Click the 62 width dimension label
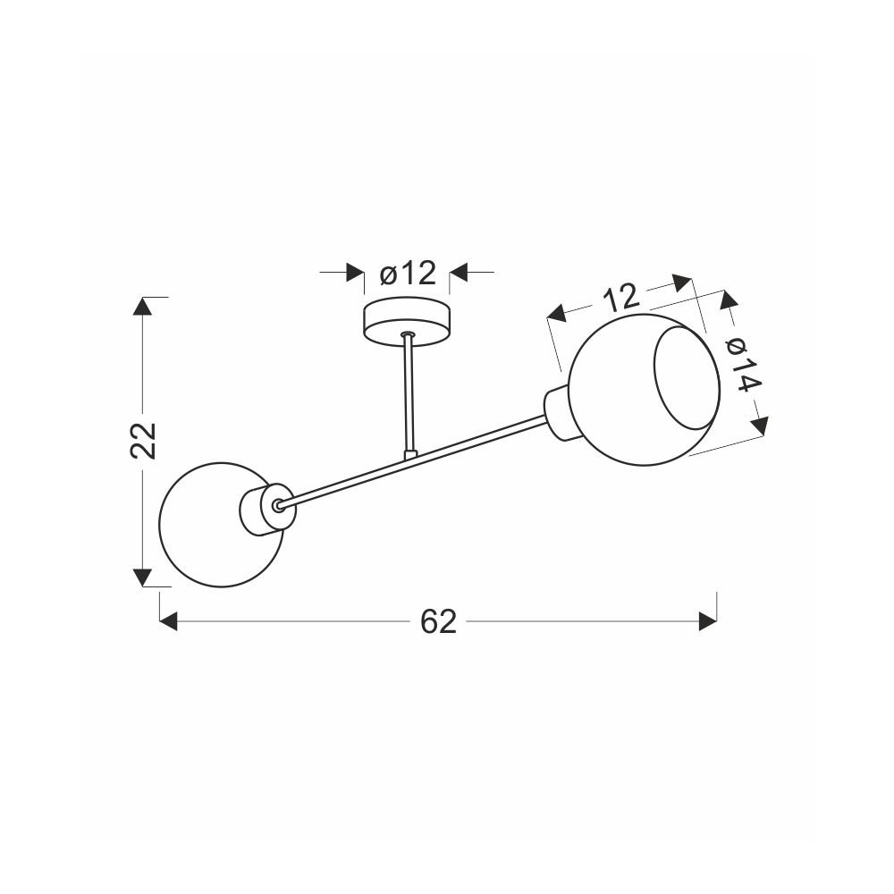pos(438,621)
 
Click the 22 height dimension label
pos(142,440)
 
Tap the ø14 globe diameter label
pos(744,365)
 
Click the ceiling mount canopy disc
pos(407,321)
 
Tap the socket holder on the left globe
pos(266,509)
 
